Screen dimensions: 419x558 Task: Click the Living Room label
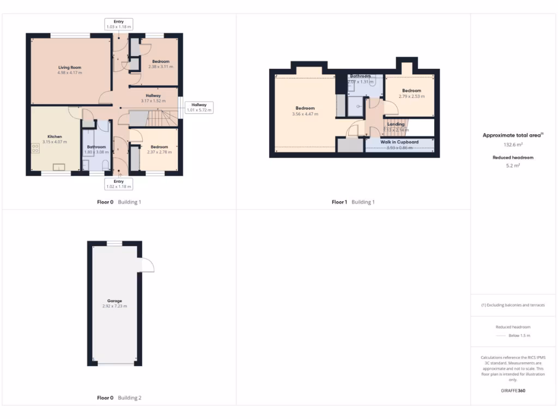69,67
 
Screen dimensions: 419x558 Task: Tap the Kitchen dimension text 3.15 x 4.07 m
54,142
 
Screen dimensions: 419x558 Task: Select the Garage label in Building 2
114,301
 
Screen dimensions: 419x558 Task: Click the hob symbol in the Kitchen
36,148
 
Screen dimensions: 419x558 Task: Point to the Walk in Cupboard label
399,142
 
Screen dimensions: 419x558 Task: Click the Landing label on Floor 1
396,124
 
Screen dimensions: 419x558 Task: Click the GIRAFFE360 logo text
512,391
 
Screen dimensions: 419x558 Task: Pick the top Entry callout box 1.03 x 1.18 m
119,24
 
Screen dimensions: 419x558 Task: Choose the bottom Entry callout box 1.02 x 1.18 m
119,184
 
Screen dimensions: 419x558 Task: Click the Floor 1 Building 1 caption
354,202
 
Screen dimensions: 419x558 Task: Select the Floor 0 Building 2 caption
119,398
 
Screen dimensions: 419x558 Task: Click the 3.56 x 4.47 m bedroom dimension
305,114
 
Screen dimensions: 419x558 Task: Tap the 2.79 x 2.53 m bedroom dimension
411,96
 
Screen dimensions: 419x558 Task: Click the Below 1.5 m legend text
519,336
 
